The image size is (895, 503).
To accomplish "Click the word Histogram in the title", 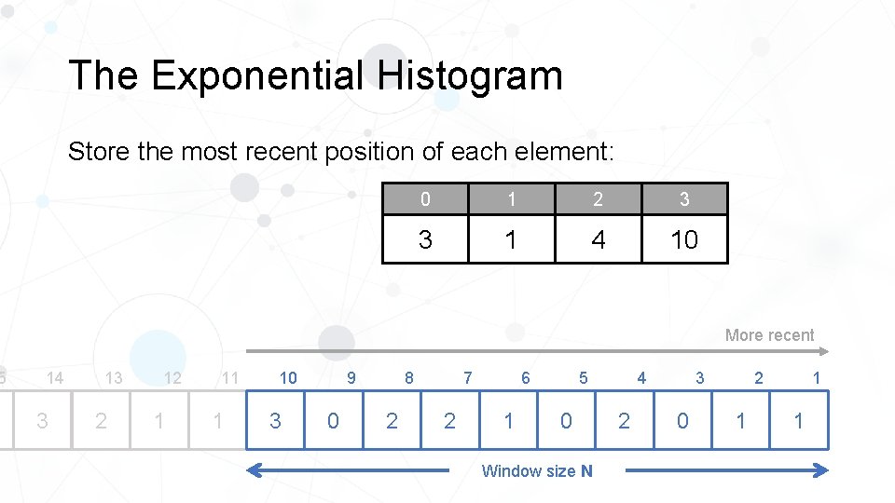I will coord(470,75).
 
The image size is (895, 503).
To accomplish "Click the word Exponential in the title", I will coord(255,75).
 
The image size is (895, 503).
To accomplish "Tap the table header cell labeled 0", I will coord(425,198).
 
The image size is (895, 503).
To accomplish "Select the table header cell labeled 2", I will coord(598,198).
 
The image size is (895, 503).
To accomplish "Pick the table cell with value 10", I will coord(684,240).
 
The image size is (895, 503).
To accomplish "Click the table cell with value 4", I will coord(598,240).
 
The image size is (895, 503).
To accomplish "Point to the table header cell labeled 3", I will coord(684,198).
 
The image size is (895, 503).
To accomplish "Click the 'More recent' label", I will coord(769,335).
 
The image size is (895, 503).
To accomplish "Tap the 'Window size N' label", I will coord(536,471).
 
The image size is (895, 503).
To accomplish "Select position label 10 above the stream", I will coord(288,378).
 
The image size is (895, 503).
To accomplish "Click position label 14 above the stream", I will coord(55,378).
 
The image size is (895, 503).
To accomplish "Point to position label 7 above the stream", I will coord(467,378).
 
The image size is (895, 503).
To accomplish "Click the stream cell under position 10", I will coord(275,421).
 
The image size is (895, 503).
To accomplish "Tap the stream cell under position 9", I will coord(333,421).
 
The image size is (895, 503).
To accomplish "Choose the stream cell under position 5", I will coord(566,421).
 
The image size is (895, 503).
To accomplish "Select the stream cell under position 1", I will coord(799,421).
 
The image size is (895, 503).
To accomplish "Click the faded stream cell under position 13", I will coord(101,421).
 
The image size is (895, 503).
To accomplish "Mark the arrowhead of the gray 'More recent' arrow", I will coord(823,351).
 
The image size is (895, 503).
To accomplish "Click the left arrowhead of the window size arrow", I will coord(253,471).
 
